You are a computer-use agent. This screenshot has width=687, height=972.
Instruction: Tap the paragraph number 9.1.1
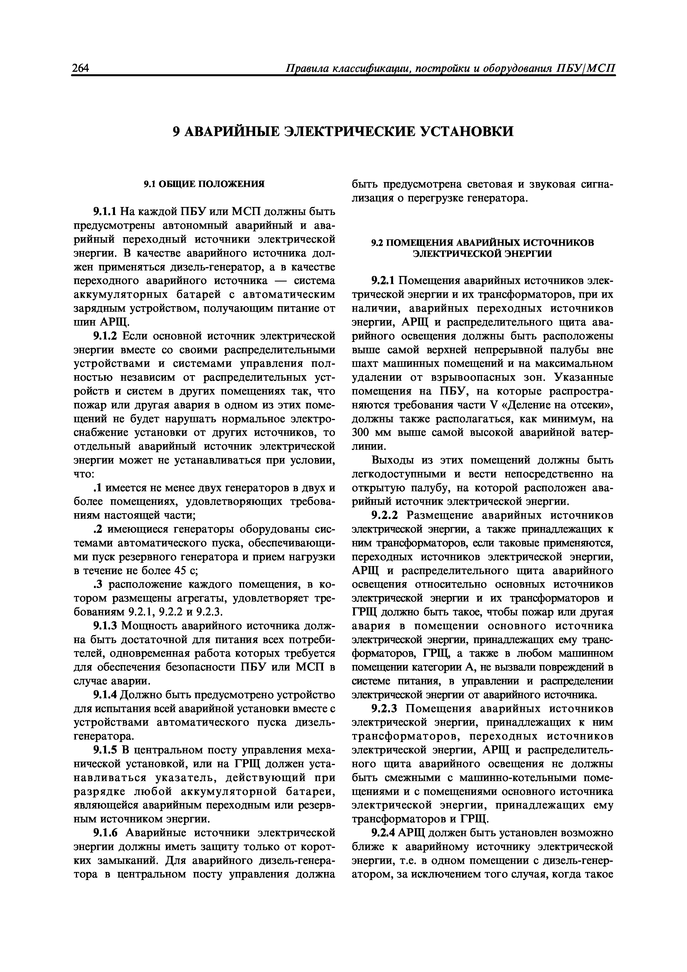[x=106, y=211]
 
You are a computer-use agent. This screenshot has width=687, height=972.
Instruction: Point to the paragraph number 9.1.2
[x=106, y=336]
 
